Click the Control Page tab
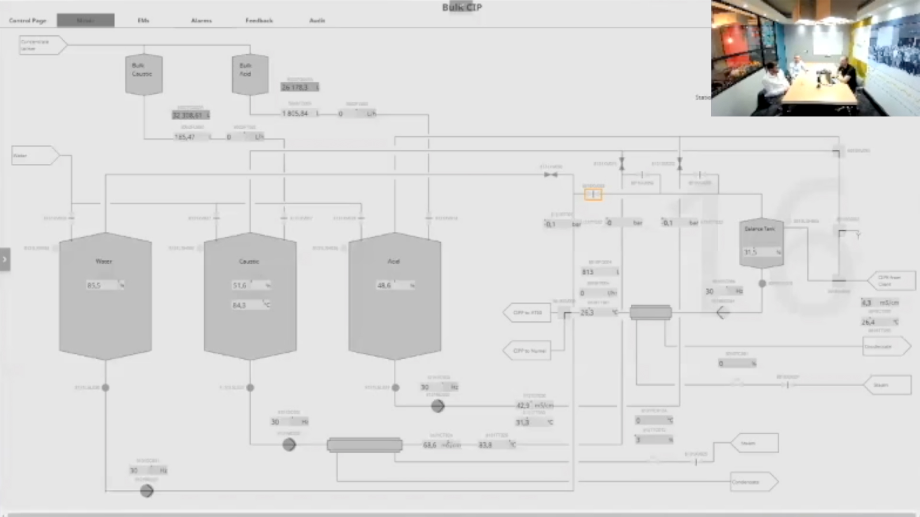[28, 21]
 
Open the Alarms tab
[201, 21]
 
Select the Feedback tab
[259, 21]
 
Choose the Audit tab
[317, 21]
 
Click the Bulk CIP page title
[462, 7]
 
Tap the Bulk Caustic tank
[143, 74]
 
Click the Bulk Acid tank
[250, 74]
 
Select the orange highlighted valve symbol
[593, 194]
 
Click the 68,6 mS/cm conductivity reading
[441, 445]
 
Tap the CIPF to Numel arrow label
[528, 351]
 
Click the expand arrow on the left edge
[5, 259]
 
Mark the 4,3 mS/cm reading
[880, 303]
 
